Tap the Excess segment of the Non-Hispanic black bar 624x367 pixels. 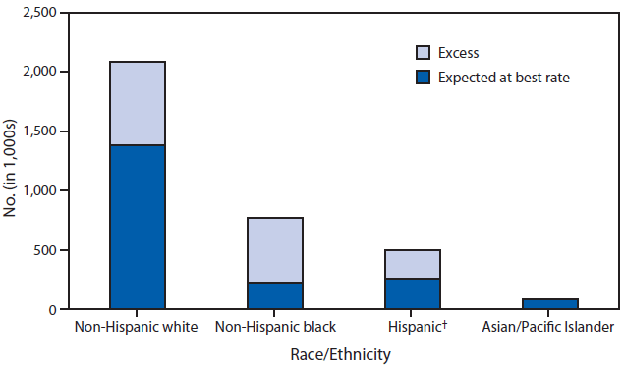coord(275,250)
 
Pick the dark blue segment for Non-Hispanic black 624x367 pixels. coord(275,295)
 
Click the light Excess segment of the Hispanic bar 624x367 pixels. coord(413,264)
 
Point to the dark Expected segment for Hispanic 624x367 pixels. coord(413,293)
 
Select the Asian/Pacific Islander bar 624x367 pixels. coord(550,304)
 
